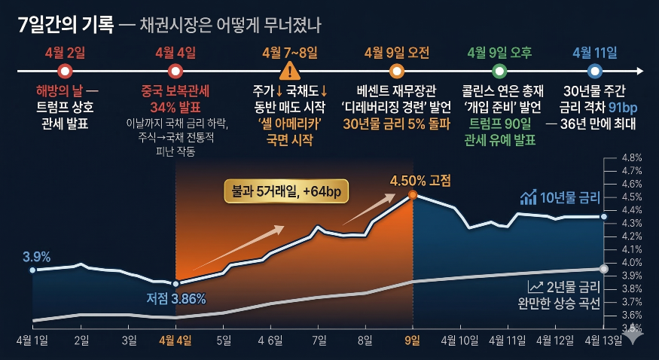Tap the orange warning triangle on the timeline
[289, 72]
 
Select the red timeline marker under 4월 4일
[175, 72]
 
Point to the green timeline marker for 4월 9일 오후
[499, 72]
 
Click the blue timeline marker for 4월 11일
[595, 72]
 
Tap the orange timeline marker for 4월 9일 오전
[397, 72]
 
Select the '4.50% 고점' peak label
[420, 180]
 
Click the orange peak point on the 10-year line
[413, 195]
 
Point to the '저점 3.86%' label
[176, 299]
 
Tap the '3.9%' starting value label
[37, 257]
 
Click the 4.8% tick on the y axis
[631, 158]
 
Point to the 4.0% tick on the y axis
[631, 262]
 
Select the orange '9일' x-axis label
[413, 340]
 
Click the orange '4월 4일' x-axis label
[175, 340]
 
